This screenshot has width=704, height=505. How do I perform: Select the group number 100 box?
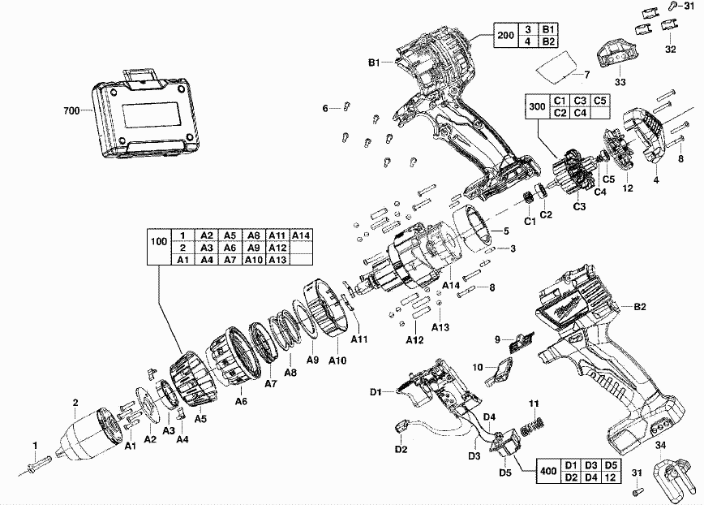pyautogui.click(x=159, y=241)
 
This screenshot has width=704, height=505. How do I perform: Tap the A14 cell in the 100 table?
pyautogui.click(x=302, y=235)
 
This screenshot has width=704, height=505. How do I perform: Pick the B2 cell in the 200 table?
pyautogui.click(x=549, y=41)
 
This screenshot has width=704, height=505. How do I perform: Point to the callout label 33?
pyautogui.click(x=620, y=81)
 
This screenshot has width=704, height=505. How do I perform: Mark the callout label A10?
pyautogui.click(x=337, y=359)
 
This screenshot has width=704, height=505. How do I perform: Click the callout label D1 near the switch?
pyautogui.click(x=376, y=392)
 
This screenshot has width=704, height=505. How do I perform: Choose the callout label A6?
pyautogui.click(x=241, y=400)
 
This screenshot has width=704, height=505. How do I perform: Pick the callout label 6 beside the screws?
pyautogui.click(x=326, y=108)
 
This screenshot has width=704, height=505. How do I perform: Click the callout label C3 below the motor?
pyautogui.click(x=579, y=207)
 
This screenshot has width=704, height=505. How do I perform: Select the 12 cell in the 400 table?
pyautogui.click(x=612, y=476)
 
